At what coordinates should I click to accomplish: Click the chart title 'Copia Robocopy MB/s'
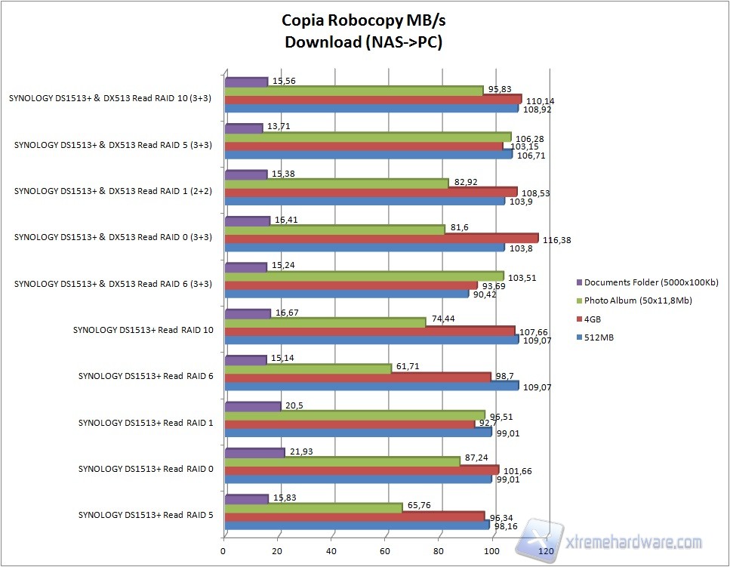pos(363,20)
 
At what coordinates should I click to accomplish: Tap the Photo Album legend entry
pos(639,300)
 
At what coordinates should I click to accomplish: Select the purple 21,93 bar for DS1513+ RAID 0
pos(255,452)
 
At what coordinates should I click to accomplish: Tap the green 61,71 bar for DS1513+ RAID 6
pos(309,368)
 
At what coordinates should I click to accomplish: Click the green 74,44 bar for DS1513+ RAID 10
pos(325,322)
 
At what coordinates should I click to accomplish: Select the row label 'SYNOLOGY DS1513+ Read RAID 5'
pos(145,515)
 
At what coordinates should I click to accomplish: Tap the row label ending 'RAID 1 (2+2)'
pos(113,191)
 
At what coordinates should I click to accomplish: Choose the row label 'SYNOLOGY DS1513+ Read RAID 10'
pos(143,330)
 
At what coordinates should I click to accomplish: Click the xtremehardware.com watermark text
pos(633,542)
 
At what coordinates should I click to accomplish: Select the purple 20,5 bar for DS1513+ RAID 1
pos(253,407)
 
